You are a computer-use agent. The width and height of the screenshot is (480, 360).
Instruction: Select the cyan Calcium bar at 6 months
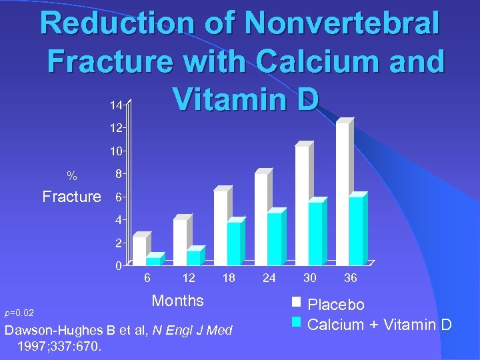coord(153,261)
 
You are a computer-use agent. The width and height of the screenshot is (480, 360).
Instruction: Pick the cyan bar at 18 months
coord(233,243)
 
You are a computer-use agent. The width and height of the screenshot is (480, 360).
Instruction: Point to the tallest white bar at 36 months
coord(343,193)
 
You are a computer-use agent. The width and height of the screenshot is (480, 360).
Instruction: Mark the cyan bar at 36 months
coord(356,231)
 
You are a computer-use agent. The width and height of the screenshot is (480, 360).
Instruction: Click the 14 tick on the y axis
coord(116,106)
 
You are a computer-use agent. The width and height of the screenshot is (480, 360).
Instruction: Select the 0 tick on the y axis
coord(117,267)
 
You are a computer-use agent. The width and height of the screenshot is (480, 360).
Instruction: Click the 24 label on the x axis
coord(269,278)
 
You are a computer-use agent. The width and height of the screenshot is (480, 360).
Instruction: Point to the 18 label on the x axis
coord(229,278)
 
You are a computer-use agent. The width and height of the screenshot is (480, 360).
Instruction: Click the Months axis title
coord(177,301)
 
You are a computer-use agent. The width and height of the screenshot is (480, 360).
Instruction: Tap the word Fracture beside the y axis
coord(72,197)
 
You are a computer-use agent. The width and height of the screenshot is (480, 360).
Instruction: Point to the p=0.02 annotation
coord(24,312)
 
